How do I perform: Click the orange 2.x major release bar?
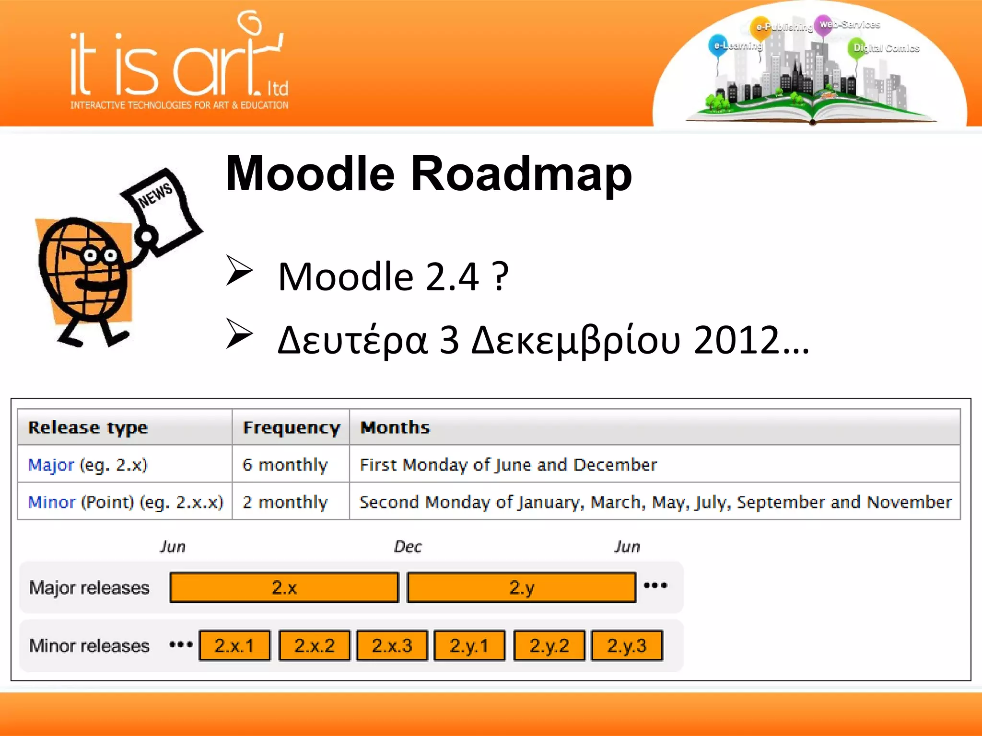point(284,587)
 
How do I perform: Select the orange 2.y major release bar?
point(521,587)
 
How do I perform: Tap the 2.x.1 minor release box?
point(234,645)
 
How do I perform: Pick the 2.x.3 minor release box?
point(392,645)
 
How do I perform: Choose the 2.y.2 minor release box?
point(549,645)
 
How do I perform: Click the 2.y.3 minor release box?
point(627,645)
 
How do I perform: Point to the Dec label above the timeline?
point(408,547)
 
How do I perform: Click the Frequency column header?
point(291,427)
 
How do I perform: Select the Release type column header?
point(88,427)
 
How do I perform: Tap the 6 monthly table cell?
point(285,465)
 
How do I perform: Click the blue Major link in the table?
point(51,465)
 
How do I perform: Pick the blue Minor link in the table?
point(51,502)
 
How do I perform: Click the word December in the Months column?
point(615,465)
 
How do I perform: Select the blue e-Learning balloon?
point(718,46)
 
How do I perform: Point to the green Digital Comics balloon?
point(857,48)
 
